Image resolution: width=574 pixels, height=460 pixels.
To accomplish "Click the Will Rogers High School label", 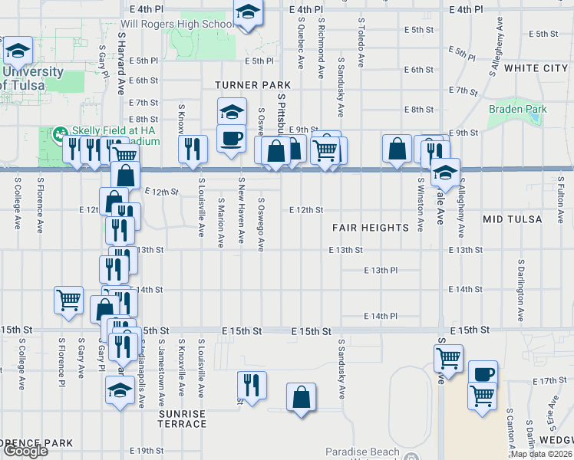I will (x=176, y=24).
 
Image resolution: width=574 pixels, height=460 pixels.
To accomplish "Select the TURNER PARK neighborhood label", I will (x=252, y=84).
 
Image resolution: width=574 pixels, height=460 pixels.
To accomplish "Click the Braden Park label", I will (x=518, y=109).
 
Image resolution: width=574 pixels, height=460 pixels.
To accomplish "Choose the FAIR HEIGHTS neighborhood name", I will (x=370, y=228).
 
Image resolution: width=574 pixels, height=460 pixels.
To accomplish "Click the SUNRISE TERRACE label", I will (x=183, y=419).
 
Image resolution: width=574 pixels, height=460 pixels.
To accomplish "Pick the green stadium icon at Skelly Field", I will (x=59, y=135).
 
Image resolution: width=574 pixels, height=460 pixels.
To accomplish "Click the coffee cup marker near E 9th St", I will (x=231, y=137).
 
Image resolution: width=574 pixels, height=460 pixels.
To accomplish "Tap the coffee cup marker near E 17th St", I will (x=483, y=374).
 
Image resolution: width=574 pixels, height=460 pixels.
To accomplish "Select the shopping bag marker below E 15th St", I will (x=302, y=397).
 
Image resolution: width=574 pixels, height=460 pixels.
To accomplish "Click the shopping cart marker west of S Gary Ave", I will (x=68, y=300).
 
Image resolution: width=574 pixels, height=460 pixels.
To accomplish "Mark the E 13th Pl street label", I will (x=381, y=270).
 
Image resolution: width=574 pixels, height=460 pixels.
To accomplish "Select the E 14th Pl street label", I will (x=381, y=316).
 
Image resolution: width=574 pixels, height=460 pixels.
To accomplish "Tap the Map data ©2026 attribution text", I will (x=540, y=454).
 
